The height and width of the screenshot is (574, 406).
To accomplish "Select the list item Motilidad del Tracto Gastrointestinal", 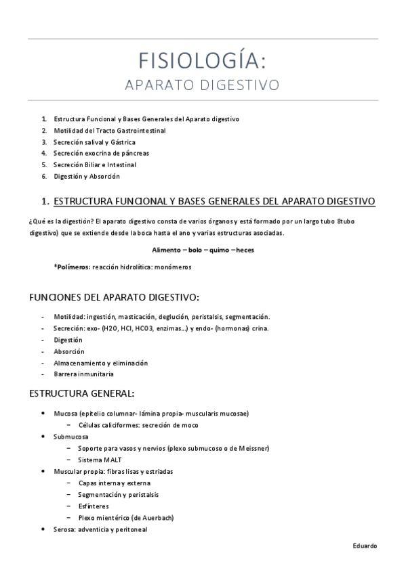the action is coord(109,130).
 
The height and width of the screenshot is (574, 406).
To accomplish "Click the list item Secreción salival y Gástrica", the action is coord(94,142).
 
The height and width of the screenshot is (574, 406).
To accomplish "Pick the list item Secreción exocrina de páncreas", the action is coord(101,153).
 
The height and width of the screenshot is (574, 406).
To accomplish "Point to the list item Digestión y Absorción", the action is coord(86,176).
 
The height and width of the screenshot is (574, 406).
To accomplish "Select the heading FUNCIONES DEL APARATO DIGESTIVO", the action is coord(113,297).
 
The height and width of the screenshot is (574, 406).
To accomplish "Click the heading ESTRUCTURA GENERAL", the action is coord(81,393).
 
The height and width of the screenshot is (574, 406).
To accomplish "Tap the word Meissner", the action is coord(253,448).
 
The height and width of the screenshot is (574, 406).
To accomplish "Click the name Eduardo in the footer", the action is coord(365,546).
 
